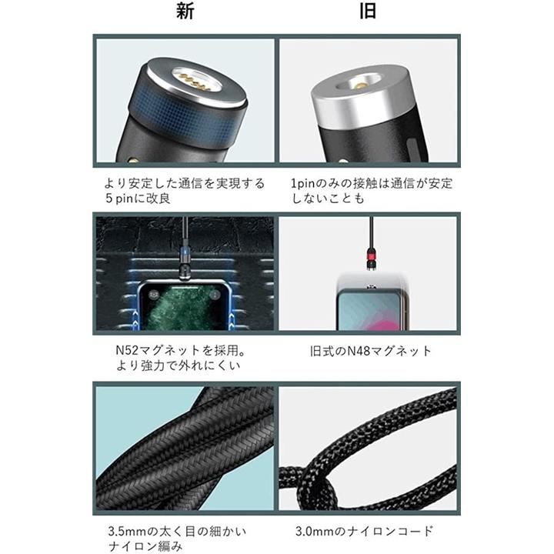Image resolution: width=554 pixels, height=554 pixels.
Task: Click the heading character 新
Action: point(185,11)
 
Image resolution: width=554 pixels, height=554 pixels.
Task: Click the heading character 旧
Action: point(368,11)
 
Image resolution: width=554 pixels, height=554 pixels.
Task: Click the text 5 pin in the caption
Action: point(118,199)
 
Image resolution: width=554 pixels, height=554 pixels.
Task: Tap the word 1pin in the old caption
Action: point(303,184)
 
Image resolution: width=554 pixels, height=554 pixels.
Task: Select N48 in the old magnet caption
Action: point(359,351)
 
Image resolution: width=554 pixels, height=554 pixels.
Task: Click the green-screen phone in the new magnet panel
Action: point(185,305)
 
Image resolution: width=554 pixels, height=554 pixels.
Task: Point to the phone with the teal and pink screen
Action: point(370,308)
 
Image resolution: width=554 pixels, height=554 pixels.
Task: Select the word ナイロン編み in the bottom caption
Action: point(145,546)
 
